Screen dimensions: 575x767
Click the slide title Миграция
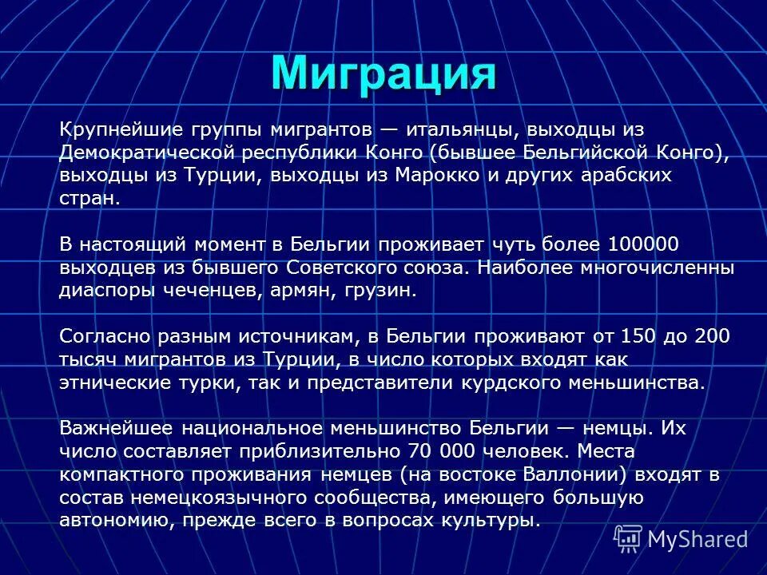click(383, 73)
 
